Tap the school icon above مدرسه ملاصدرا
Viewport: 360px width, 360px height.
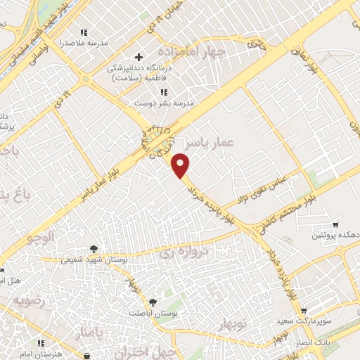[x=84, y=32]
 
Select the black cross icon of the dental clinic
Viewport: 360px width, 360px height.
[x=139, y=57]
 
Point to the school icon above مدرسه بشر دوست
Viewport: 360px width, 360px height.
[x=164, y=92]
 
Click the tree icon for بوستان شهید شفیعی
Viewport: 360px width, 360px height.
[x=93, y=249]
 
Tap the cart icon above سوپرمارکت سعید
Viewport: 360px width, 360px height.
[x=303, y=310]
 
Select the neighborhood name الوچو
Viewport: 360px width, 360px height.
[x=41, y=238]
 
